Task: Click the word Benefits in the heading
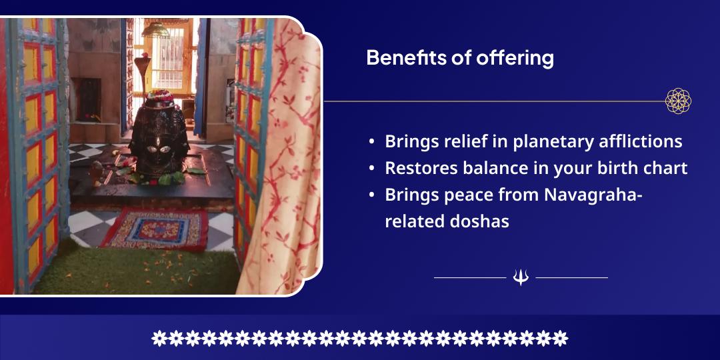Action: coord(401,58)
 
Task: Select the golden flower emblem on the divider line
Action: coord(678,101)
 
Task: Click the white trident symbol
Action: coord(521,278)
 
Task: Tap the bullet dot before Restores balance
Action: coord(371,169)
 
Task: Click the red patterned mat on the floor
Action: coord(155,228)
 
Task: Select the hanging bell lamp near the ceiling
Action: coord(155,29)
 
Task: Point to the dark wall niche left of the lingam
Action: coord(89,99)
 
